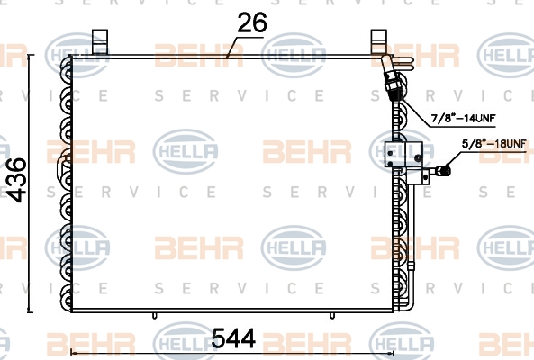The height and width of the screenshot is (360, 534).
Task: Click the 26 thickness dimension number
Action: [x=252, y=23]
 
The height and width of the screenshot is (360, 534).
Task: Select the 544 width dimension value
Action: [x=234, y=339]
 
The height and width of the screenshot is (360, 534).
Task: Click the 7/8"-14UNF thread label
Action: [x=462, y=118]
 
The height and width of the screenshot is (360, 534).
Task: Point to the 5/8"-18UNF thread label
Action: [x=493, y=143]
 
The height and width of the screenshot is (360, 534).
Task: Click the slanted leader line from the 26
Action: [x=235, y=46]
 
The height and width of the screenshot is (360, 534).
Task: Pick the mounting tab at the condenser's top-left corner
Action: [x=101, y=41]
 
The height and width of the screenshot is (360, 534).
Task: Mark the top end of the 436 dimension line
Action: [x=32, y=55]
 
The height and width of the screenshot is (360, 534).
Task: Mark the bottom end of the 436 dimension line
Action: [x=32, y=313]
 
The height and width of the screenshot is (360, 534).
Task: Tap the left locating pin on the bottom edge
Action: [x=156, y=317]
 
